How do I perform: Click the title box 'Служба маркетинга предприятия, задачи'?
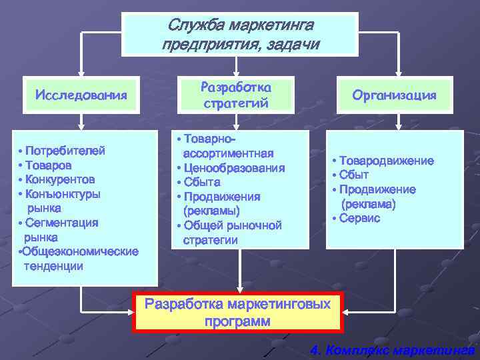coord(240,34)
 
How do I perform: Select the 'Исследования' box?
coord(81,94)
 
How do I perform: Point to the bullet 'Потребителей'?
coord(64,151)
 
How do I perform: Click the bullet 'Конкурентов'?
coord(59,179)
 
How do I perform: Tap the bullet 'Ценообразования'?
coord(233,168)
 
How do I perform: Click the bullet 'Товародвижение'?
coord(385,161)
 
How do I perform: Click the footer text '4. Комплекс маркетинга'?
coord(393,350)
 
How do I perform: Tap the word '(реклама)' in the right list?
coord(369,203)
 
